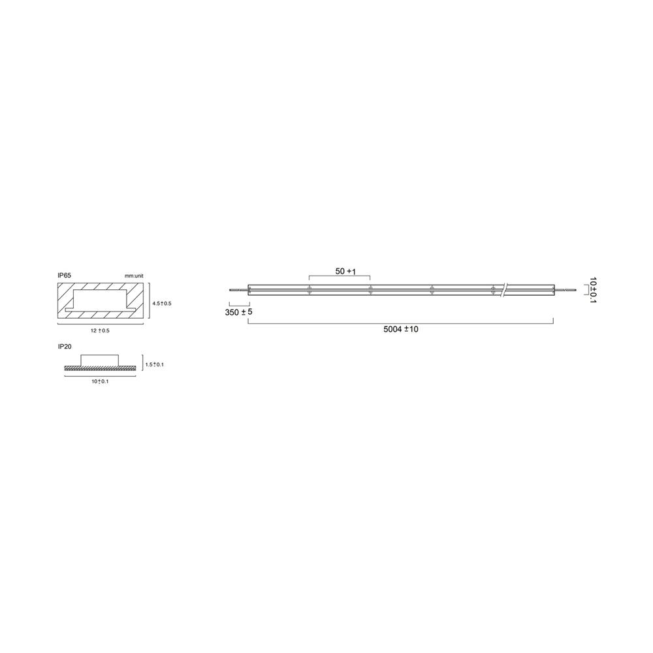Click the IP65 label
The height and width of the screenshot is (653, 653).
(x=64, y=276)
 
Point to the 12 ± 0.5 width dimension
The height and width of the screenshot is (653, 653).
(x=100, y=331)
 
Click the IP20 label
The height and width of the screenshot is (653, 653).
(x=64, y=347)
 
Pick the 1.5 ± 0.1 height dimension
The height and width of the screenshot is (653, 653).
(x=155, y=364)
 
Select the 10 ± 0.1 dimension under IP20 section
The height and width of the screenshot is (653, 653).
(x=99, y=381)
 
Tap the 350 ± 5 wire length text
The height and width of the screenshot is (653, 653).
(x=238, y=312)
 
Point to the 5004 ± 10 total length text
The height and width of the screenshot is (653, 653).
(x=401, y=329)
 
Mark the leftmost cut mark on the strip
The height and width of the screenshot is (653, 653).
(x=309, y=290)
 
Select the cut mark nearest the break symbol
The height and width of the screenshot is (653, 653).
(x=492, y=290)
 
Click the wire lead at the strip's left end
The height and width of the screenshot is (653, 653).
(x=238, y=289)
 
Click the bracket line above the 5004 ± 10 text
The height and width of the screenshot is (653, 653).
(x=401, y=322)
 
